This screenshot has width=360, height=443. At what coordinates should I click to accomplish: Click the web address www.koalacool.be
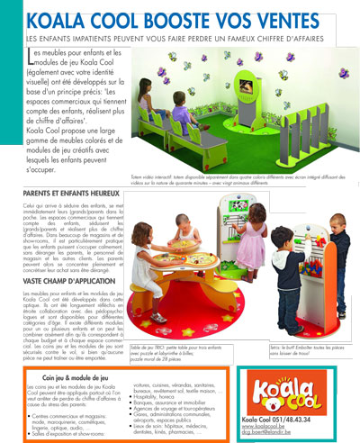point(283,428)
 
